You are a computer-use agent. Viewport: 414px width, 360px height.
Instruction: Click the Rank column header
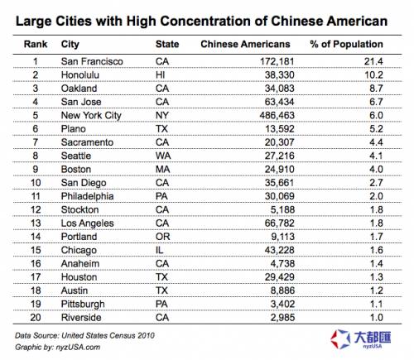[36, 44]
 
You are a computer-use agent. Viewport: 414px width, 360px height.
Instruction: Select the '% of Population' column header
[346, 44]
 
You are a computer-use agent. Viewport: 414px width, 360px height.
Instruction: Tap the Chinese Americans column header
[245, 44]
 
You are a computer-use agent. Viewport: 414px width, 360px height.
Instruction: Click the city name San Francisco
[92, 61]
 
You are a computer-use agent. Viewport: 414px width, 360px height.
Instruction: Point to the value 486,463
[277, 115]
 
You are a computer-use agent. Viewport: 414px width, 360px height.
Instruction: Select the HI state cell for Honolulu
[161, 74]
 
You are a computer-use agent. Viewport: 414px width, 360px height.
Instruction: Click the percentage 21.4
[373, 61]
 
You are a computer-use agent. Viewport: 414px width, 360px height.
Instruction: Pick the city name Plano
[74, 129]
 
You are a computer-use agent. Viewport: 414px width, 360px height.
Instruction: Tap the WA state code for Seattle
[163, 156]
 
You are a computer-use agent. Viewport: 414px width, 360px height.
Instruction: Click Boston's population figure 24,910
[280, 169]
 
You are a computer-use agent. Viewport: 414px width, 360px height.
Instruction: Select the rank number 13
[36, 223]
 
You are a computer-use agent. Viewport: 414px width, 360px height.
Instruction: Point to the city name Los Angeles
[88, 223]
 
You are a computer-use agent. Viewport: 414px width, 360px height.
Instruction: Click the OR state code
[163, 237]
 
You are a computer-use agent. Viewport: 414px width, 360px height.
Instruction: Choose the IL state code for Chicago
[160, 250]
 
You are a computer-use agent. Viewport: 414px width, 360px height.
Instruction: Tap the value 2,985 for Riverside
[282, 318]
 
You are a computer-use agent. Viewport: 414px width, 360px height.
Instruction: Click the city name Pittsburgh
[83, 305]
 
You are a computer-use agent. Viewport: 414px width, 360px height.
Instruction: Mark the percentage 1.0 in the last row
[377, 318]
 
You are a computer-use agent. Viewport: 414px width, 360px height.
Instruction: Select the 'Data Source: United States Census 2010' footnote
[84, 335]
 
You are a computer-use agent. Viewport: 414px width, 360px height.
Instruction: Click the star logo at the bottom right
[340, 338]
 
